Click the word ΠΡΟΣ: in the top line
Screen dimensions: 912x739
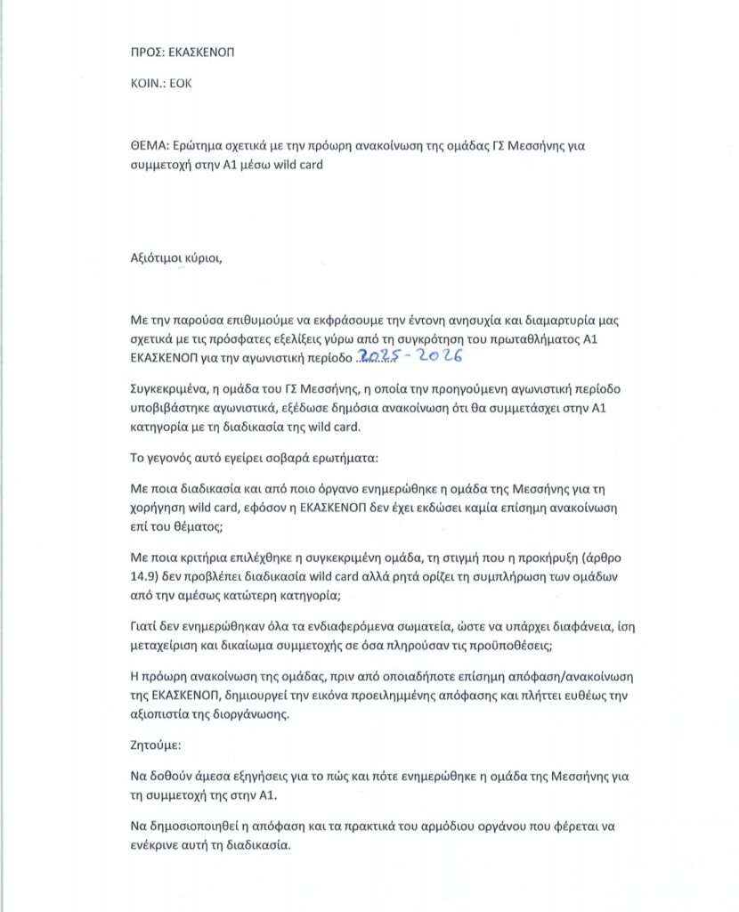(148, 52)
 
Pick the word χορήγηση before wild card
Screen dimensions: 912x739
(161, 507)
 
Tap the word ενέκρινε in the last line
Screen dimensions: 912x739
(159, 843)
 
